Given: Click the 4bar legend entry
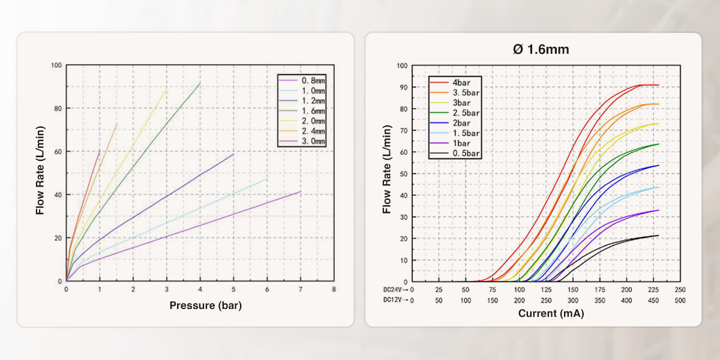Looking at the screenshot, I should click(462, 82).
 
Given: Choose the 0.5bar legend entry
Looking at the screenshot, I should click(466, 154).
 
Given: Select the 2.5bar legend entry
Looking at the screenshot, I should click(466, 113).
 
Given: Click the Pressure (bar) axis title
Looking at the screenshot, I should click(205, 305).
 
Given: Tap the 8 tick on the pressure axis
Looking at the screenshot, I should click(334, 289).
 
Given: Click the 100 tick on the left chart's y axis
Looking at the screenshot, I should click(56, 65).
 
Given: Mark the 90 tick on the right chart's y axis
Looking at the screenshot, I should click(403, 87).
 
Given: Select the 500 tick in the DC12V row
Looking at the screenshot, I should click(680, 300).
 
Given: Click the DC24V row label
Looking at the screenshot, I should click(395, 290).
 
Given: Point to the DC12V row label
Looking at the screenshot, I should click(395, 300).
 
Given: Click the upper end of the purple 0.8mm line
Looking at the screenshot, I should click(300, 191).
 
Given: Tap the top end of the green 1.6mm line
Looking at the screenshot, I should click(200, 83).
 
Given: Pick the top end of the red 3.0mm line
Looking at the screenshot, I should click(100, 150).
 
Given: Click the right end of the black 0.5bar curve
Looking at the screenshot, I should click(658, 235).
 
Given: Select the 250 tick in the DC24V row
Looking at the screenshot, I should click(680, 290).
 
